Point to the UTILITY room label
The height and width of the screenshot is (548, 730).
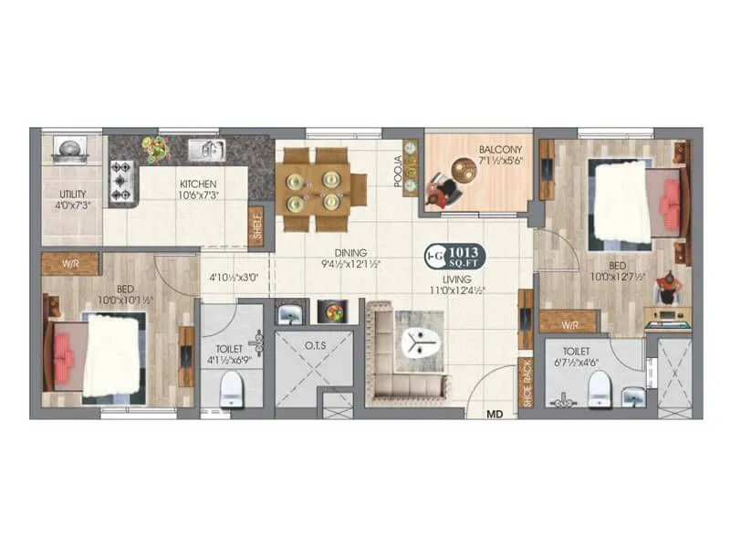click(72, 195)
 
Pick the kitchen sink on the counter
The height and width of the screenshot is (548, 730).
click(206, 150)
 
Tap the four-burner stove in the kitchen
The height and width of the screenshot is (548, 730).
click(122, 181)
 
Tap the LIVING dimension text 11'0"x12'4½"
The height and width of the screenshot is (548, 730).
click(458, 290)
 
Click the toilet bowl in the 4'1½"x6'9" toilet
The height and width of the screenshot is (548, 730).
click(233, 388)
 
